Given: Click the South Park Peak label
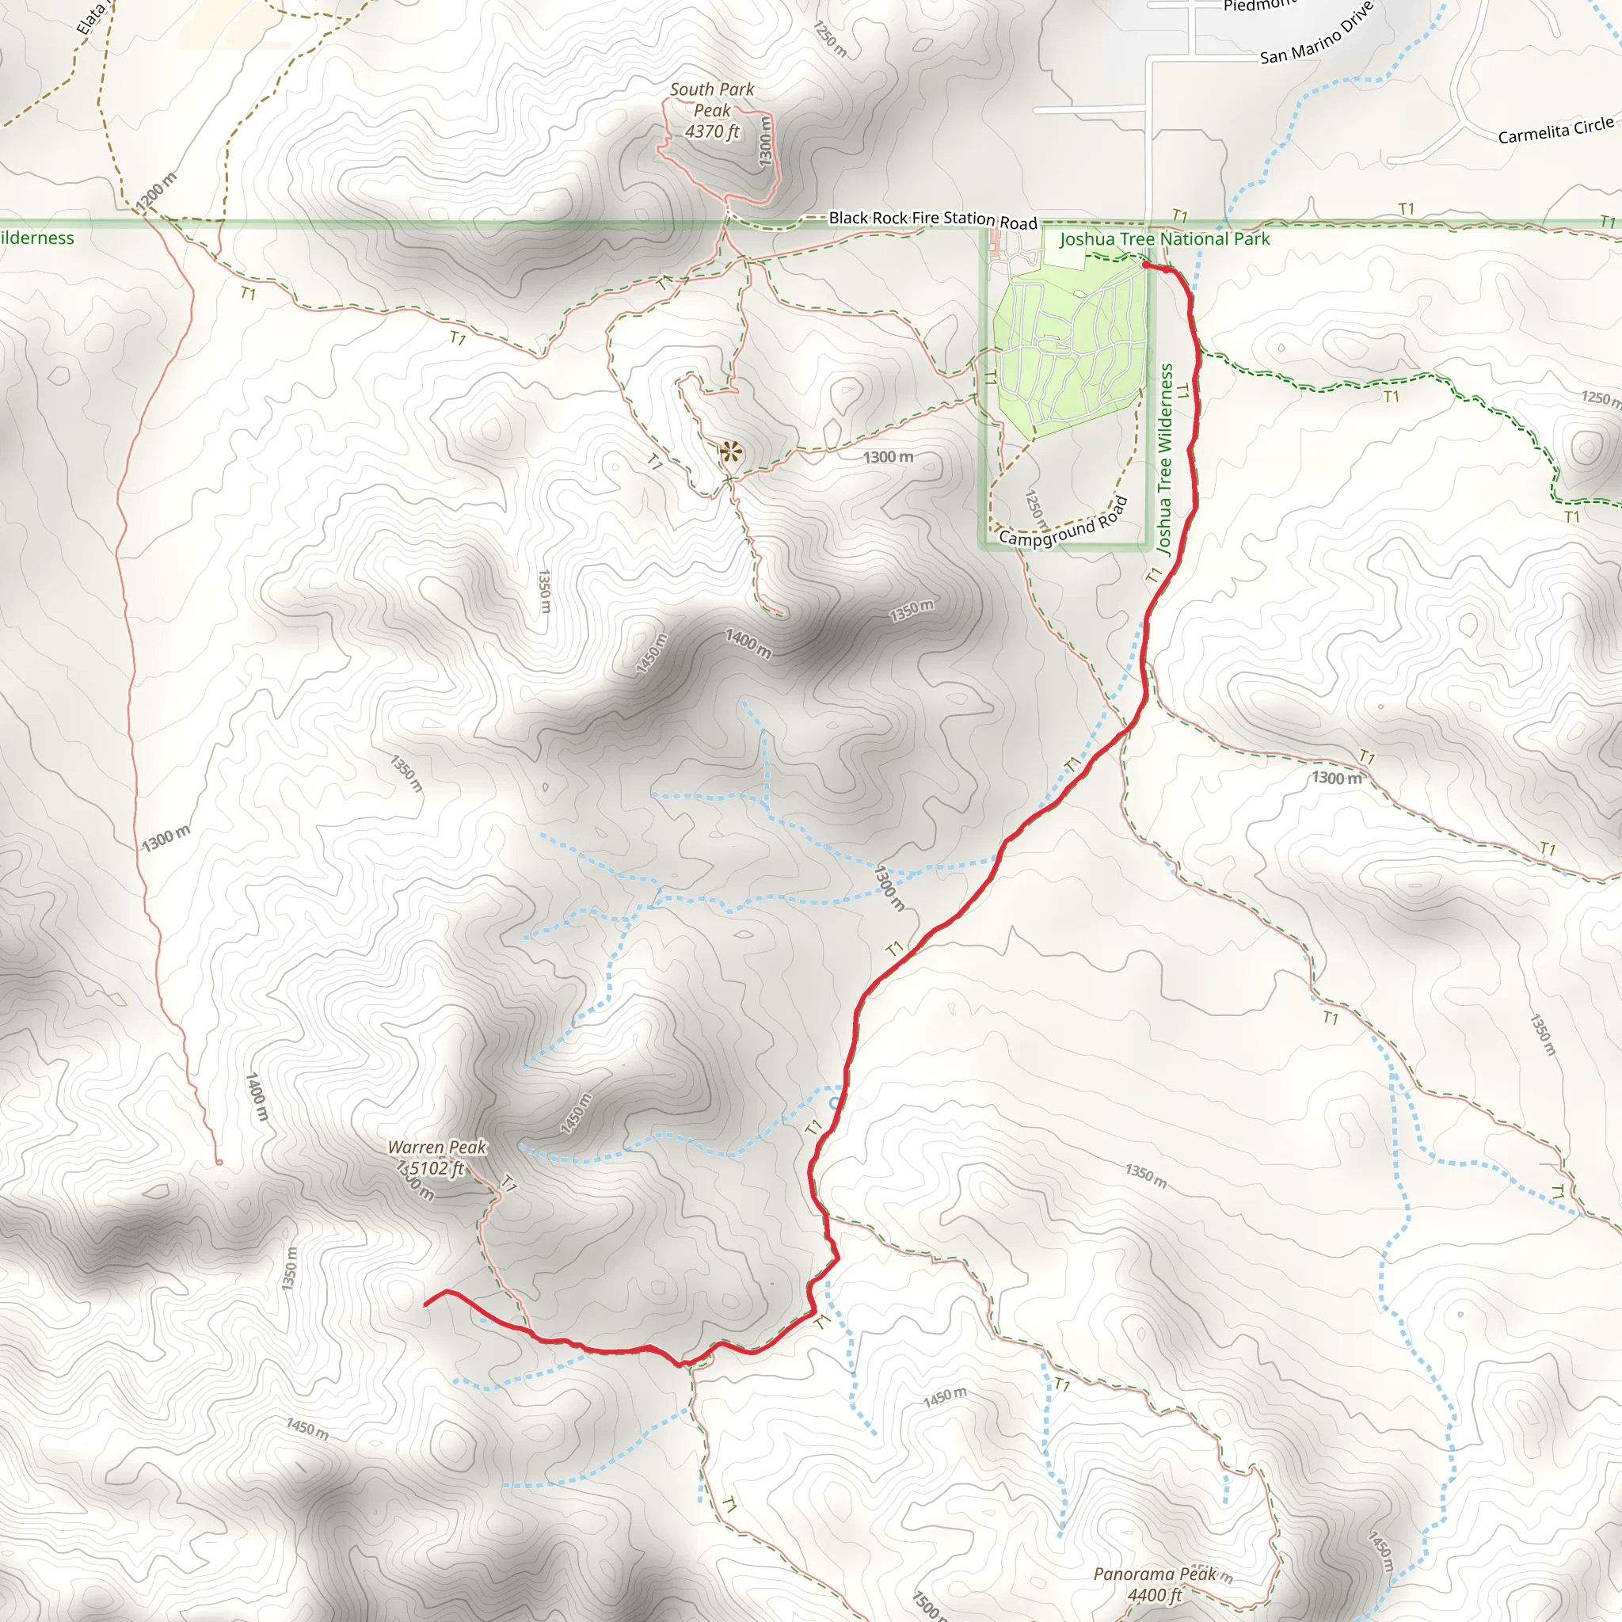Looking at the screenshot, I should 712,99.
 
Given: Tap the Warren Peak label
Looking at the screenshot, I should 436,1147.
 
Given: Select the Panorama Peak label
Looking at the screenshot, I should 1155,1574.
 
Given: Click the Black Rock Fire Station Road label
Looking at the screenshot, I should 933,219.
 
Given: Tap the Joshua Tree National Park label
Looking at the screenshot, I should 1164,239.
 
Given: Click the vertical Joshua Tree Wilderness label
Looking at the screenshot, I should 1164,459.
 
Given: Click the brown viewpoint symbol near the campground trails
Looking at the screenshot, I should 730,453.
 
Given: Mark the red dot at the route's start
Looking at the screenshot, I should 1146,265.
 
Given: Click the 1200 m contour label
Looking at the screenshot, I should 156,192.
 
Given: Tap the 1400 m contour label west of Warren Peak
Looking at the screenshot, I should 257,1096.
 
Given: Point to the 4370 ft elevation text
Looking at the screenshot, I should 712,131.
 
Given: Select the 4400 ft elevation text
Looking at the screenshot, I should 1155,1595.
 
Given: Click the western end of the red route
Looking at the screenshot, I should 425,1304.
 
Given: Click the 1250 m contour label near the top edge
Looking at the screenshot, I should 830,39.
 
